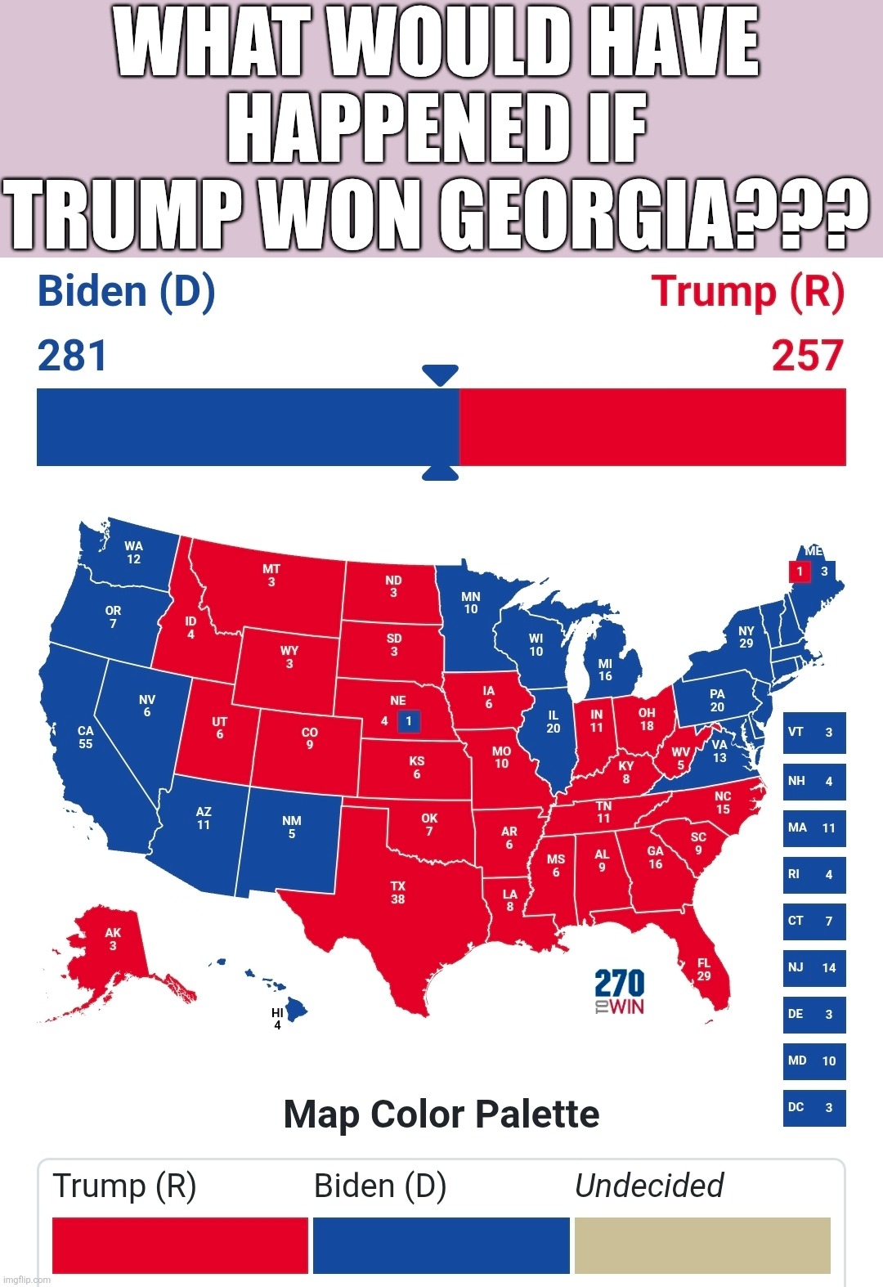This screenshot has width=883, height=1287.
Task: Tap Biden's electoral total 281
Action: click(x=73, y=357)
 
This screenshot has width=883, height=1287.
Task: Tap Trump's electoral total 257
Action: click(x=807, y=357)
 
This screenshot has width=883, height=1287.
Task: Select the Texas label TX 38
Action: click(x=397, y=892)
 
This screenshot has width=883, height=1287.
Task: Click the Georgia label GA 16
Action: click(x=656, y=857)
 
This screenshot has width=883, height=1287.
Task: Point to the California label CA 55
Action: click(x=86, y=737)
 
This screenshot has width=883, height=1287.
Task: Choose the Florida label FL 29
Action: click(x=704, y=969)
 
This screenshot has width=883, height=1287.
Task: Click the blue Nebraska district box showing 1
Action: click(x=409, y=721)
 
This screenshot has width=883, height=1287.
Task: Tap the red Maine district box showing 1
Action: click(x=800, y=572)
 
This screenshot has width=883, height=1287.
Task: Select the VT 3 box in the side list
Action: click(x=814, y=733)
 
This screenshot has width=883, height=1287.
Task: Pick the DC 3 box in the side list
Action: click(x=814, y=1108)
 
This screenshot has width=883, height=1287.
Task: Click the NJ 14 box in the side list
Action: click(x=814, y=968)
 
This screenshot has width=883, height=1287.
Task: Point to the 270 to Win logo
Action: click(x=619, y=992)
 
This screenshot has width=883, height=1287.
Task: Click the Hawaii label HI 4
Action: click(x=277, y=1019)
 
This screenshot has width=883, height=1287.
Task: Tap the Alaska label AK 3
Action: click(x=113, y=939)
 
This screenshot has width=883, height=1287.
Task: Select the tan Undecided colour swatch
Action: click(x=702, y=1244)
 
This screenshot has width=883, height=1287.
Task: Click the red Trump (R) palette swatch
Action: click(x=180, y=1244)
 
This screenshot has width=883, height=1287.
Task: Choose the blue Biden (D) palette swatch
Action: click(x=441, y=1244)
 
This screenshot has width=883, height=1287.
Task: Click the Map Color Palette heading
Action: click(x=441, y=1114)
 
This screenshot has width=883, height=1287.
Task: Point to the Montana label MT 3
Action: click(x=271, y=575)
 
